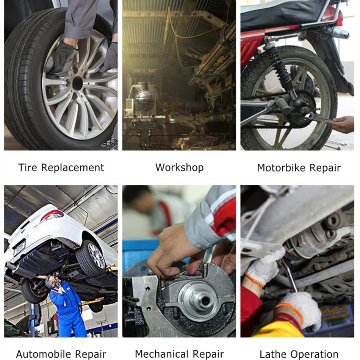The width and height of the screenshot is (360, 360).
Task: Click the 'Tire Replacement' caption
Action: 61,167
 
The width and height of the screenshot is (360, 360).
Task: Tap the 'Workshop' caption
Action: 179,167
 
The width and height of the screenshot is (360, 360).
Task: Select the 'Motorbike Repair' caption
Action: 299,168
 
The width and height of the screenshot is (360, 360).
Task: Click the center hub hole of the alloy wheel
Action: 77,83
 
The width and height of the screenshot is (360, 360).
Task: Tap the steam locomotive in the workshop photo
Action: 144,101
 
